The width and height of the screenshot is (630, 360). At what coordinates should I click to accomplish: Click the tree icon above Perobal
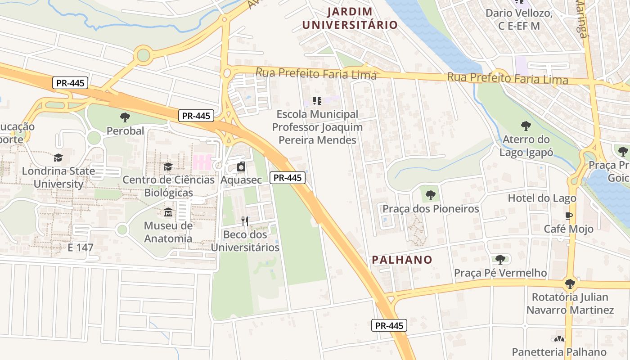point(125,117)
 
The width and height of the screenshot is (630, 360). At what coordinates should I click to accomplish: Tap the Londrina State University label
point(58,177)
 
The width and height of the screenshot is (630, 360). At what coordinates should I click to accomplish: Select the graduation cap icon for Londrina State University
point(58,157)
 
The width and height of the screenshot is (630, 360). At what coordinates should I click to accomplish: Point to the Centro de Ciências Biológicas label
point(168,186)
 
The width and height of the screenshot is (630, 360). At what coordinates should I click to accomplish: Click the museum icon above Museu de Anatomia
point(168,212)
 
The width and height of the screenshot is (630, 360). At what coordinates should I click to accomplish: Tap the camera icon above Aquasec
point(241,166)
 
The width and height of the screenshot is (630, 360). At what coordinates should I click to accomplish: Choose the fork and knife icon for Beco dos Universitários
point(245,221)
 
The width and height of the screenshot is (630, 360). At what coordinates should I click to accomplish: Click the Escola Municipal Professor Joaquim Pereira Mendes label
point(317,127)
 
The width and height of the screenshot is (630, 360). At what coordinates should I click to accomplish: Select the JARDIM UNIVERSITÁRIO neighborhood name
point(350,18)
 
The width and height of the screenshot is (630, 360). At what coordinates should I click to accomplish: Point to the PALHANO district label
point(402,260)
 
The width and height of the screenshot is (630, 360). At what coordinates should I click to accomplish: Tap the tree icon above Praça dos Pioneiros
point(431,195)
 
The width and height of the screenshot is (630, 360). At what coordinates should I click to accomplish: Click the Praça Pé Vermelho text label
point(500,273)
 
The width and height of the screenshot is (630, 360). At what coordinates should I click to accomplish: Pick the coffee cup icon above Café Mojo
point(569,216)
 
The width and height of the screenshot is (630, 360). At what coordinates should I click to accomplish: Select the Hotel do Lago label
point(542,198)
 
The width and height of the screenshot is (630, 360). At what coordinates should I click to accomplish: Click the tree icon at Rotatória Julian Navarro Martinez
point(570,283)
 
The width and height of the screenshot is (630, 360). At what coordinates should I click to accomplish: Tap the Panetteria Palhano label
point(559,351)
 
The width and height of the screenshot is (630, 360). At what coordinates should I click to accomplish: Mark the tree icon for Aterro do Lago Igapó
point(526,126)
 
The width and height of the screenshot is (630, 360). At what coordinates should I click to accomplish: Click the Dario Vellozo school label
point(518,19)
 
